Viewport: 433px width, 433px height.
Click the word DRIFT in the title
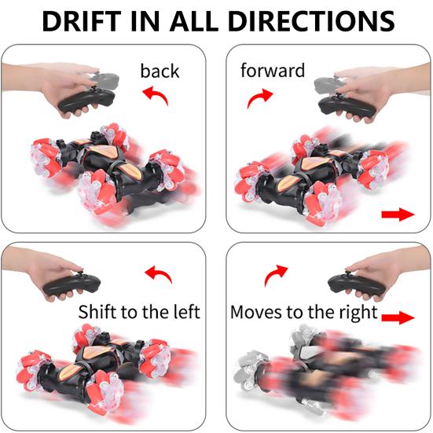pyautogui.click(x=84, y=20)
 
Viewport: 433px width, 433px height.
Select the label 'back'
pyautogui.click(x=160, y=71)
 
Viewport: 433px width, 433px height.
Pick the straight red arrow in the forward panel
pyautogui.click(x=396, y=215)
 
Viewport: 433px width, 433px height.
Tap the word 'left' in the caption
pyautogui.click(x=185, y=312)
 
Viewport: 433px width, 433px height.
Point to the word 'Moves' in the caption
pyautogui.click(x=256, y=312)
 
